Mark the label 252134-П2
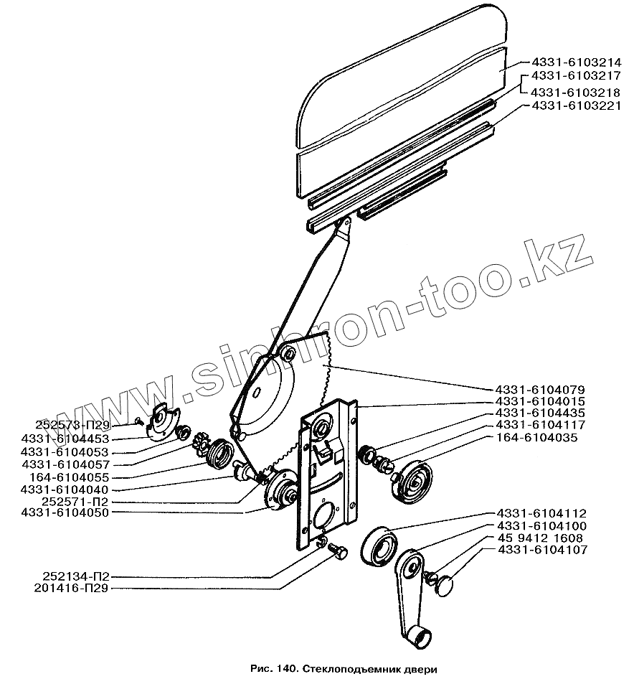[x=70, y=576]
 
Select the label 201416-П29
[x=70, y=588]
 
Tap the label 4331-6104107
[x=541, y=550]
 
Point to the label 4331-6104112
[x=541, y=513]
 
